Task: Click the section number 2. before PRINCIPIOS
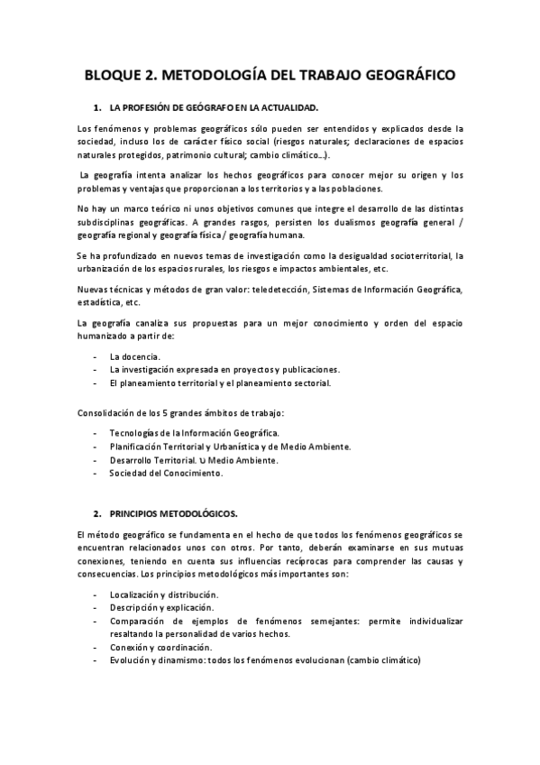click(99, 513)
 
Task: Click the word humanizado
click(107, 336)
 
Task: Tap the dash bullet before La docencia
click(96, 357)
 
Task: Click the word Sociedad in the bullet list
click(129, 472)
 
